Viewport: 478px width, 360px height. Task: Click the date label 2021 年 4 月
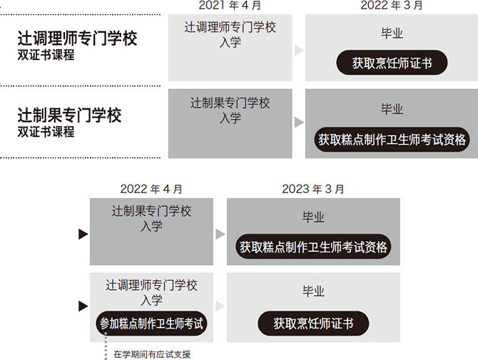click(230, 5)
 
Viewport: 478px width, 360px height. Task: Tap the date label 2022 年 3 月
click(392, 5)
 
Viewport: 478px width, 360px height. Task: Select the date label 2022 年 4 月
click(151, 189)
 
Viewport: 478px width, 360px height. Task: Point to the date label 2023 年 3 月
click(313, 189)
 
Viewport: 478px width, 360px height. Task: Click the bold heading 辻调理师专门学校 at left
click(77, 38)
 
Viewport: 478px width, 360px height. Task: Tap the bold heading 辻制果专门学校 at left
click(69, 115)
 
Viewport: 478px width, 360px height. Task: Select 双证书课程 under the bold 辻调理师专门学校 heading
click(46, 55)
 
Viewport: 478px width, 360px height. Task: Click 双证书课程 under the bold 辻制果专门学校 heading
click(46, 132)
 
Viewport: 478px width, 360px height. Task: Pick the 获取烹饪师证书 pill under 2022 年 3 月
click(392, 63)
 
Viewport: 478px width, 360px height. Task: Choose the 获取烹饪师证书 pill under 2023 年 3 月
click(313, 324)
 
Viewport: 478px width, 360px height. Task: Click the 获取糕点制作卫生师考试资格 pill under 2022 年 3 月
click(392, 140)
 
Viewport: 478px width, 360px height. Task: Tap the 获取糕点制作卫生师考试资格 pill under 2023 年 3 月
click(313, 247)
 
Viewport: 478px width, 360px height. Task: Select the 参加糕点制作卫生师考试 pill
click(151, 324)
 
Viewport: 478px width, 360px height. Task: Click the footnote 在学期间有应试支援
click(152, 354)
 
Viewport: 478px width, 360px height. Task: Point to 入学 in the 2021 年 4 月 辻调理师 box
click(230, 42)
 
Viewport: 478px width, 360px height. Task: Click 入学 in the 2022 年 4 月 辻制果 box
click(151, 226)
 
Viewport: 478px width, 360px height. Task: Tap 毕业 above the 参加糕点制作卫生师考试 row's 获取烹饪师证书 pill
click(313, 292)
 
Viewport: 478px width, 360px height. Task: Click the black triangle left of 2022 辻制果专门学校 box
click(83, 234)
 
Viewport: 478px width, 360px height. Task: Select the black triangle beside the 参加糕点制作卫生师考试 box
click(83, 306)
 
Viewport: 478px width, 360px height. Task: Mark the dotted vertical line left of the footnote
click(106, 346)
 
